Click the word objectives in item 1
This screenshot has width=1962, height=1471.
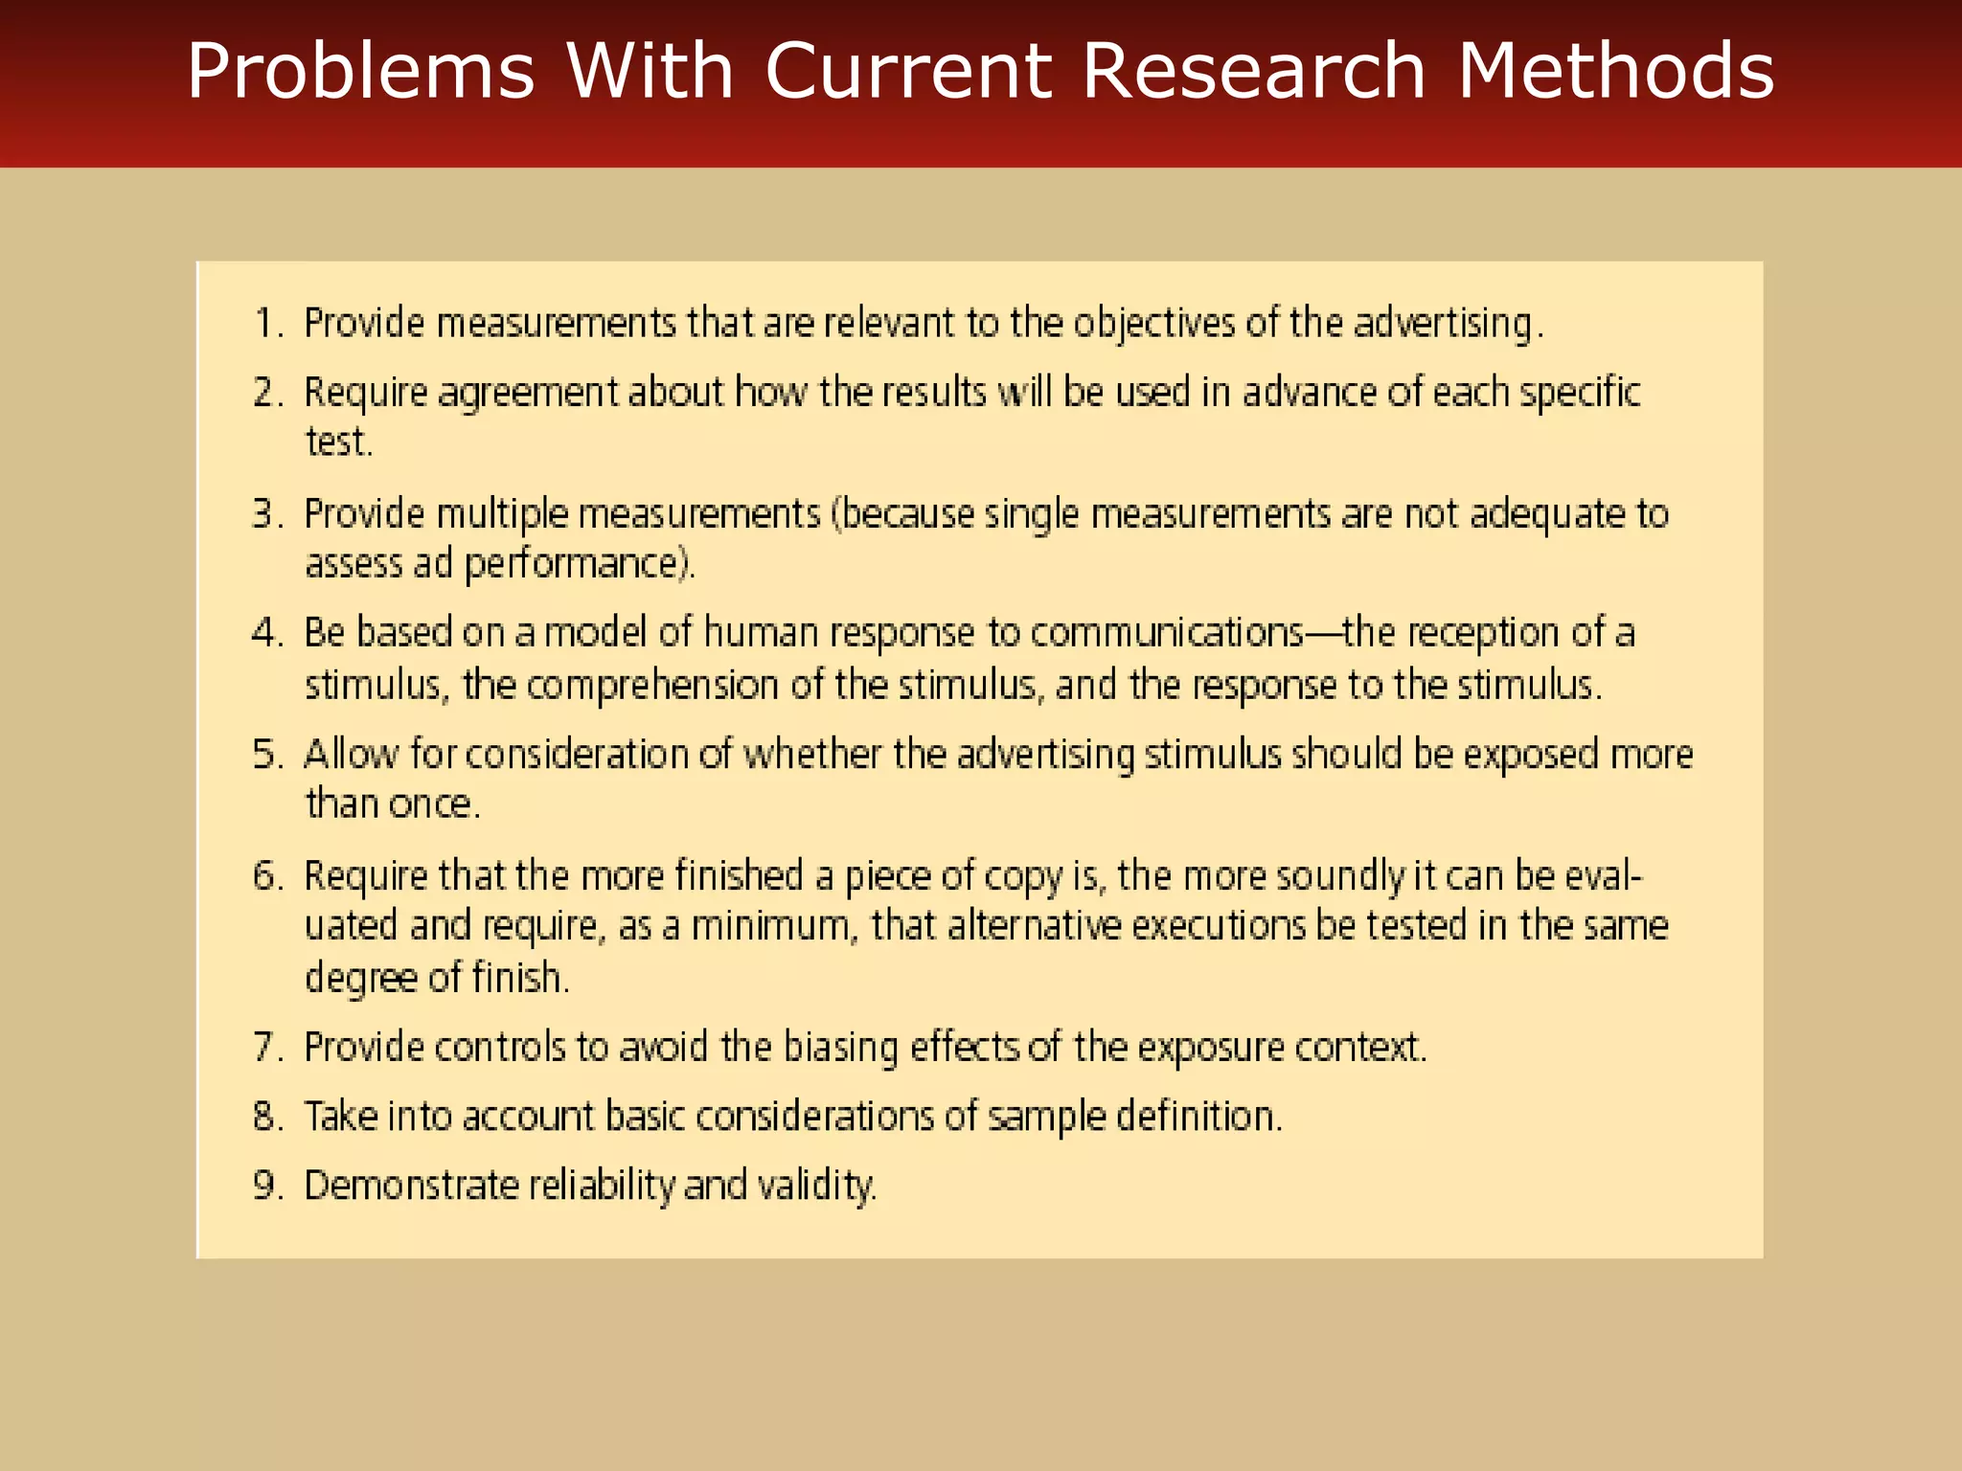[1153, 324]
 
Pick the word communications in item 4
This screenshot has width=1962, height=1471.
[1167, 633]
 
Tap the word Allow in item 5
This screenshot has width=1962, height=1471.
[351, 755]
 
